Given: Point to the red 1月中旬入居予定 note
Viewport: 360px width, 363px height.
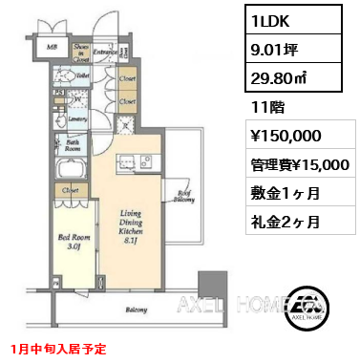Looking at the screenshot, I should point(59,351).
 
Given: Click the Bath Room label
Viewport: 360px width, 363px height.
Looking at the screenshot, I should point(72,145).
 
